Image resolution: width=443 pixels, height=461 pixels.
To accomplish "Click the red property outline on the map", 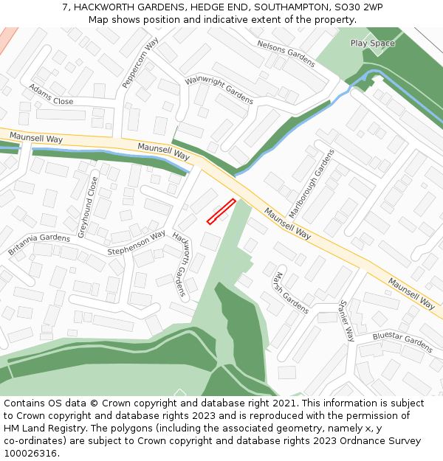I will (221, 211).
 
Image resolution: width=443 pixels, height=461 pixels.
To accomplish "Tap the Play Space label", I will (372, 44).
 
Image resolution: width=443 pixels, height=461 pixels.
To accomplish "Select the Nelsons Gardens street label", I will (286, 54).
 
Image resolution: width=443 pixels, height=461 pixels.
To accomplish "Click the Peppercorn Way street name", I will (140, 63).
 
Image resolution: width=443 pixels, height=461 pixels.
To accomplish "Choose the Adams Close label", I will (51, 95).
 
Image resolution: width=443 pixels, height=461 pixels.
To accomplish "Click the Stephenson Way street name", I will (136, 244).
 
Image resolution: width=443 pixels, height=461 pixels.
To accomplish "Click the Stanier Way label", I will (347, 321).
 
